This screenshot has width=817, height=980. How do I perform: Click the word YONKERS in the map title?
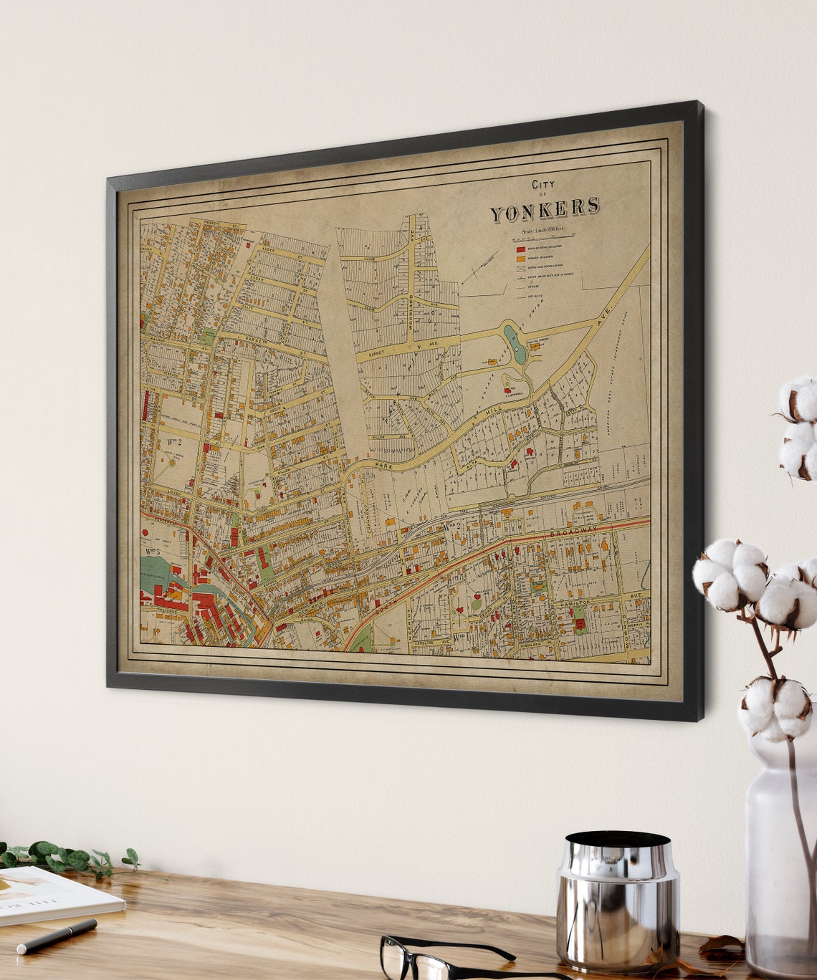pos(545,210)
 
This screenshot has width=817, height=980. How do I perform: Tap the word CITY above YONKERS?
pos(543,185)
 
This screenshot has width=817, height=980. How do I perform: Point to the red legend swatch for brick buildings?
pos(520,248)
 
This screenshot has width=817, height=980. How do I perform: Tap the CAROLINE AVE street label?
pos(429,642)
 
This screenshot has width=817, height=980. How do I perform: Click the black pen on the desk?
pos(57,936)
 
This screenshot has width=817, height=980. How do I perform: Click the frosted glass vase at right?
pos(781,852)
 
